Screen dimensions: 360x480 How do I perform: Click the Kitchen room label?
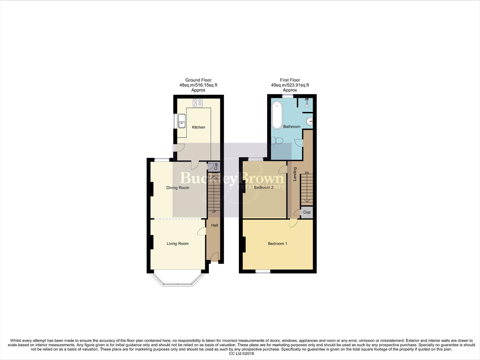pos(199,127)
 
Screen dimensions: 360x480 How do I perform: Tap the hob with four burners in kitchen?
pos(198,103)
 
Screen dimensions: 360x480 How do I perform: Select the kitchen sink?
pos(181,121)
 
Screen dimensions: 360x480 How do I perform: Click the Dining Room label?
pos(178,188)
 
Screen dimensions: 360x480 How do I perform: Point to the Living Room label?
pos(178,244)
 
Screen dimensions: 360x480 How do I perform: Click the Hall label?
pos(215,225)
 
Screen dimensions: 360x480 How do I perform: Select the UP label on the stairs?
pos(214,212)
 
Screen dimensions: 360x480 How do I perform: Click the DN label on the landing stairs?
pos(307,173)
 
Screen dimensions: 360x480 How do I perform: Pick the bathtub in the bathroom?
pos(276,115)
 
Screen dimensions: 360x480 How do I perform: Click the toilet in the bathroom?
pos(277,141)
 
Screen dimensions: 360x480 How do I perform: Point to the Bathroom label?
pos(292,127)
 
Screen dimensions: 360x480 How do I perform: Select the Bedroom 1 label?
pos(277,244)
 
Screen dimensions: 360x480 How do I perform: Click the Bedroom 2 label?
pos(263,188)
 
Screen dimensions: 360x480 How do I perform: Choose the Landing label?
pos(295,174)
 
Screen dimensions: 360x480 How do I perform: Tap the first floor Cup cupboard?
pos(307,212)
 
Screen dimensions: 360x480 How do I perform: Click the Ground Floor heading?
pos(198,80)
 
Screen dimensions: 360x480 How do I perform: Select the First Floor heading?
pos(290,80)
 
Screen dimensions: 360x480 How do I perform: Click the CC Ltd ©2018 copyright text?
pos(241,354)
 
